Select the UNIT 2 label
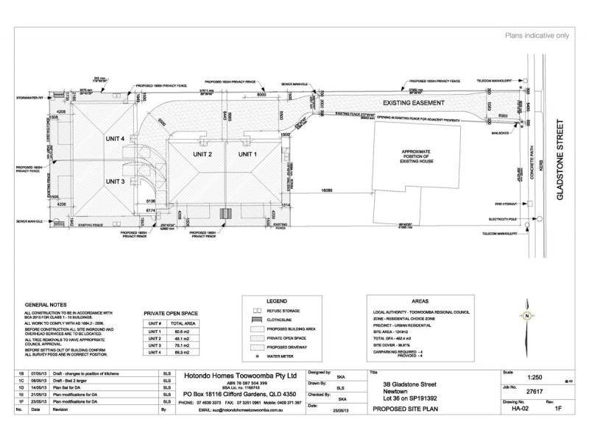200,154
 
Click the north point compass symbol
526,317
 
